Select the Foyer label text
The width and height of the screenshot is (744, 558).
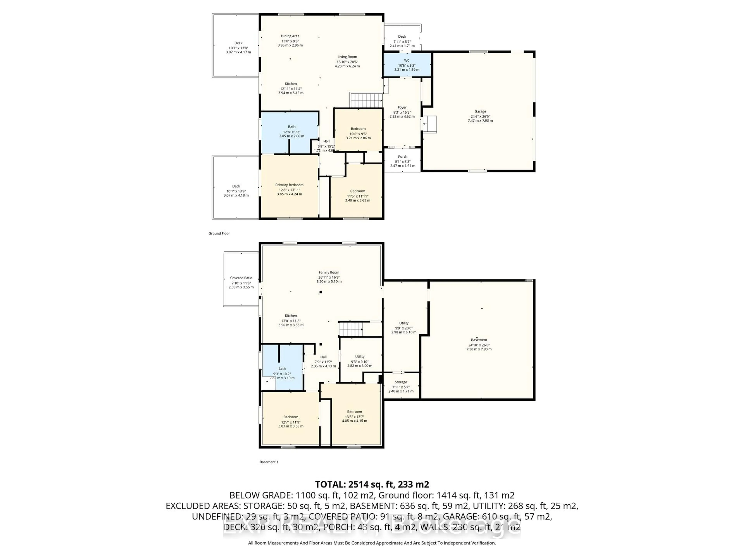pos(402,107)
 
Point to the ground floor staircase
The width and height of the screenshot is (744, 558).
pos(367,101)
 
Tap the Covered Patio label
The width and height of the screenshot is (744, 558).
pos(241,278)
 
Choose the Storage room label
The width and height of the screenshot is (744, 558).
pos(401,382)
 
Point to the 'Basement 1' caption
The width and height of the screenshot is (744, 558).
pos(269,462)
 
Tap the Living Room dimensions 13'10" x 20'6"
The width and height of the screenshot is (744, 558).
pos(347,62)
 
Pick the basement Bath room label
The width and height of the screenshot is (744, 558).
pos(282,369)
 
